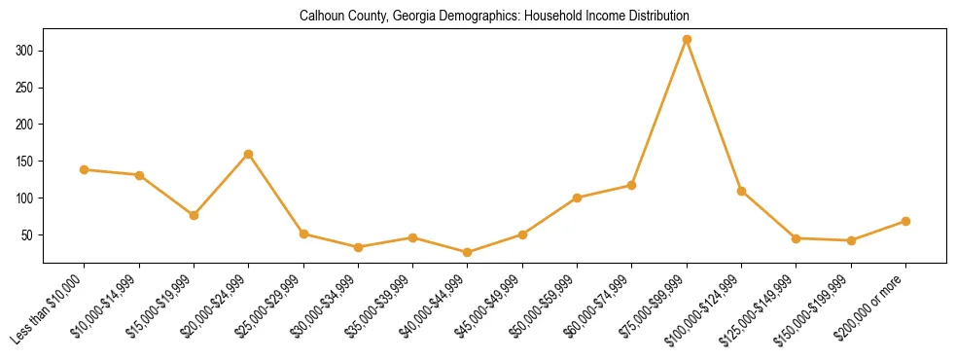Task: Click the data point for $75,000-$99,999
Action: (687, 39)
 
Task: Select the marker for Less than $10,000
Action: (85, 170)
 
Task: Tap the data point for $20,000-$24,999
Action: (249, 154)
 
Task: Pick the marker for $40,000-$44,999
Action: (468, 253)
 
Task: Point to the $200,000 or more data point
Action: (905, 222)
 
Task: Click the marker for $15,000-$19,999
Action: (194, 215)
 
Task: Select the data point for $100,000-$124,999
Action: (741, 191)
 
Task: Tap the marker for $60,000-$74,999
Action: (632, 185)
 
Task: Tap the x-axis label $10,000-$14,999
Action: (108, 306)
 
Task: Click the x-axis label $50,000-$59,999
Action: (546, 306)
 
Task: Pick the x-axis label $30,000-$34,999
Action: (327, 306)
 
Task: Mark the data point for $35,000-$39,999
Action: (412, 237)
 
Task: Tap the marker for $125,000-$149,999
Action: (796, 238)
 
